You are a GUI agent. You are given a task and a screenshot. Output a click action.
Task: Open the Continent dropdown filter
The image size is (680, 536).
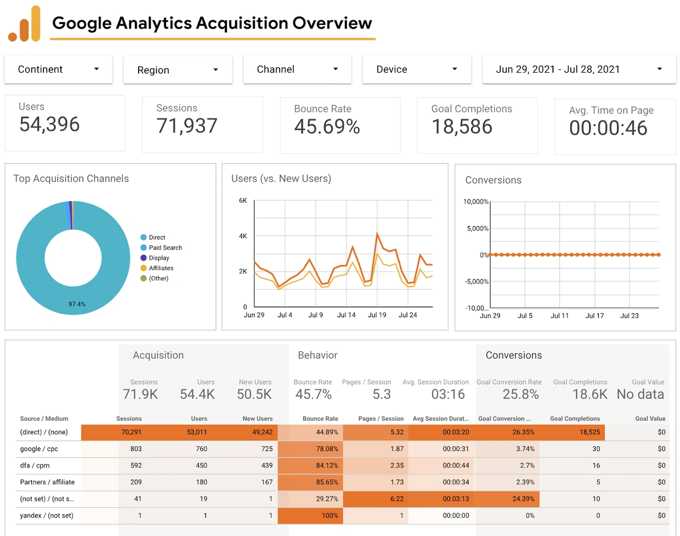tap(58, 70)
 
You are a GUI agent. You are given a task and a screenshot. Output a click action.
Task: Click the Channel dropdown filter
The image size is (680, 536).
tap(297, 70)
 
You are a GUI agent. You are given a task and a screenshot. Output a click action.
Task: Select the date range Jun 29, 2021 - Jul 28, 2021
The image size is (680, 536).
tap(578, 70)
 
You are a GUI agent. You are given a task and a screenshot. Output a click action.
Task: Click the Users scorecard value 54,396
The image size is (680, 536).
tap(50, 124)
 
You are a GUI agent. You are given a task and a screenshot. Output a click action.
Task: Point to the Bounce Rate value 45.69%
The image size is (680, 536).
tap(327, 127)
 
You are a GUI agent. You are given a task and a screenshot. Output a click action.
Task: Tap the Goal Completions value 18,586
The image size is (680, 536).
tap(462, 127)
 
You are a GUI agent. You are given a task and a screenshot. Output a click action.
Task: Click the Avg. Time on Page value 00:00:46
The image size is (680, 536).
tap(608, 128)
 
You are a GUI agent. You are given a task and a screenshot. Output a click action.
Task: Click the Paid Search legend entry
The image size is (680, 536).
tap(165, 248)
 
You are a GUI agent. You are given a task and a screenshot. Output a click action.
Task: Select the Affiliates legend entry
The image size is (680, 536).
tap(161, 268)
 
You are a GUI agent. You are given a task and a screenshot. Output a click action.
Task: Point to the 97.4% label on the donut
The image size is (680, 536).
tap(77, 304)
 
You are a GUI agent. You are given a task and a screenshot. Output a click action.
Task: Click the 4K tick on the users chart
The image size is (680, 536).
tap(243, 236)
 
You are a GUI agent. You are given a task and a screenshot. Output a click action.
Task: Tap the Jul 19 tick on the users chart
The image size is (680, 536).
tap(377, 315)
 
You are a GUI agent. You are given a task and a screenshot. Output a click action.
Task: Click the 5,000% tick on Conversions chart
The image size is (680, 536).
tap(477, 229)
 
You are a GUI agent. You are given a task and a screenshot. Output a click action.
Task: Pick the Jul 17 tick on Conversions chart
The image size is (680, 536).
tap(594, 316)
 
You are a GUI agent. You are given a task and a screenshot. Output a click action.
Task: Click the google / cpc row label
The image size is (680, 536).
tap(39, 449)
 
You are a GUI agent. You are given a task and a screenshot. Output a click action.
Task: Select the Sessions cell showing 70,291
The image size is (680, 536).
tap(131, 432)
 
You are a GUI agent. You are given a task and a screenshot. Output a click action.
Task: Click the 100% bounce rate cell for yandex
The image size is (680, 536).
tap(330, 516)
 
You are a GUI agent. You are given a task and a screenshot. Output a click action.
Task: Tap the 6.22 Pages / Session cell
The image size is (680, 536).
tap(396, 499)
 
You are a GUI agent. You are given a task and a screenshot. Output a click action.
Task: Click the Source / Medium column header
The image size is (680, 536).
tap(44, 419)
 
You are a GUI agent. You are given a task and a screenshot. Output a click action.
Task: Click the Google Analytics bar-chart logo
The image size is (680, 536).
tap(25, 24)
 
